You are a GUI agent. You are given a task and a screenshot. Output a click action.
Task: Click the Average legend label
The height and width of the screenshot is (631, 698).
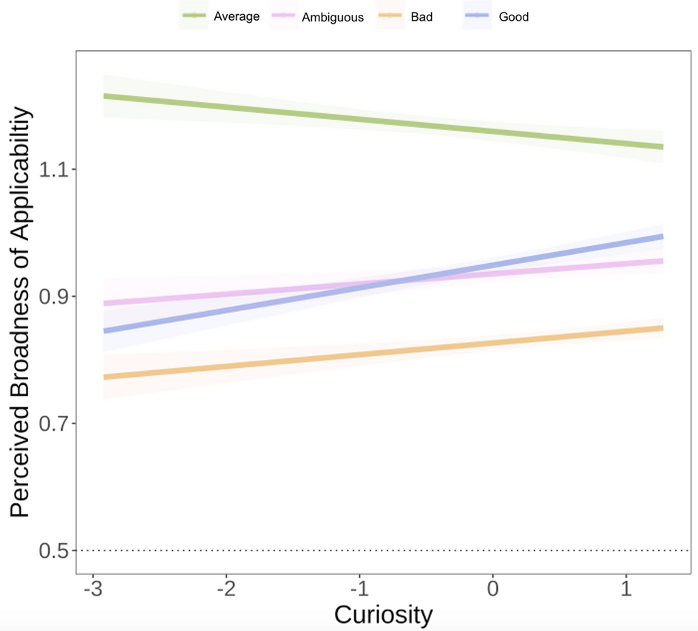point(237,16)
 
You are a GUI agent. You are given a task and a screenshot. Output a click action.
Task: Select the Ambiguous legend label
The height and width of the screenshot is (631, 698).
point(333,17)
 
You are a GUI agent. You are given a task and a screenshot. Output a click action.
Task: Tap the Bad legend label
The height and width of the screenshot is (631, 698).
point(421,16)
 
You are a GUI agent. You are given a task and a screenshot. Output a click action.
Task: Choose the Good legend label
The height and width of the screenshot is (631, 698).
point(514,16)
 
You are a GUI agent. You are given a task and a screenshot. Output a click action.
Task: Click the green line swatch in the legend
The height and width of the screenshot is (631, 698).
point(194,16)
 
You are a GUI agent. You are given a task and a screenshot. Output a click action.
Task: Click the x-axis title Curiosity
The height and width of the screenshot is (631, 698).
point(383,615)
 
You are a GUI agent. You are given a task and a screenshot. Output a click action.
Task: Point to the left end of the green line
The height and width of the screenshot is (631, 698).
point(105,96)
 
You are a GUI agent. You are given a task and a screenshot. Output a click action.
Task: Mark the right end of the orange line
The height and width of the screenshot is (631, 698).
point(663,328)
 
